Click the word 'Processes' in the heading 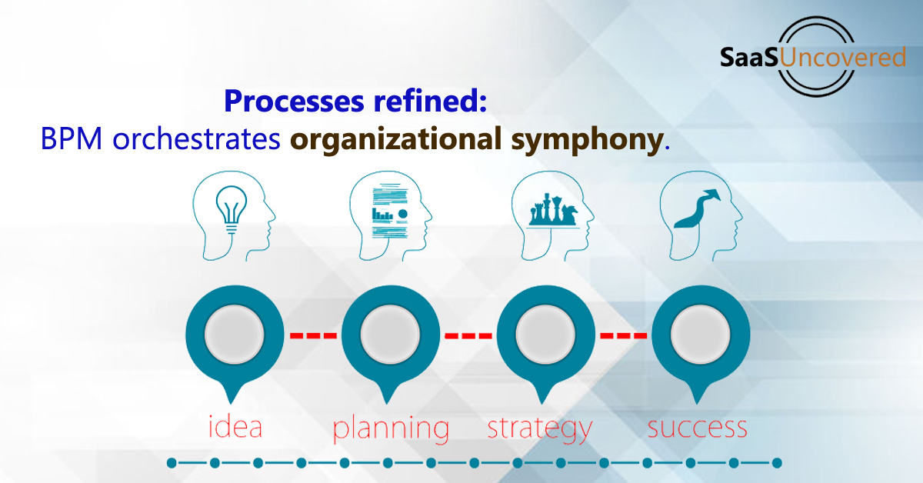[x=294, y=101]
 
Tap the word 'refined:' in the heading [x=430, y=100]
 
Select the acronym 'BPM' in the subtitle [x=72, y=139]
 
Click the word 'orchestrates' [x=196, y=139]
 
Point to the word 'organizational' [x=395, y=140]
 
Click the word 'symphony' [x=587, y=141]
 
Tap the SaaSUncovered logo [x=812, y=57]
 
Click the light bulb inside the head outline [x=232, y=209]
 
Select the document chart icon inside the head [x=390, y=211]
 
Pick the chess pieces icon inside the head [x=553, y=210]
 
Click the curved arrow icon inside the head [x=697, y=208]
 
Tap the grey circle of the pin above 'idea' [x=235, y=335]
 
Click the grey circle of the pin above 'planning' [x=390, y=335]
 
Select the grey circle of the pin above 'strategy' [x=545, y=335]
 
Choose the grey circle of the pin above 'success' [x=701, y=335]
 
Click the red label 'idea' [x=235, y=426]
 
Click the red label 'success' [x=697, y=428]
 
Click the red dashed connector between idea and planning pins [x=313, y=335]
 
